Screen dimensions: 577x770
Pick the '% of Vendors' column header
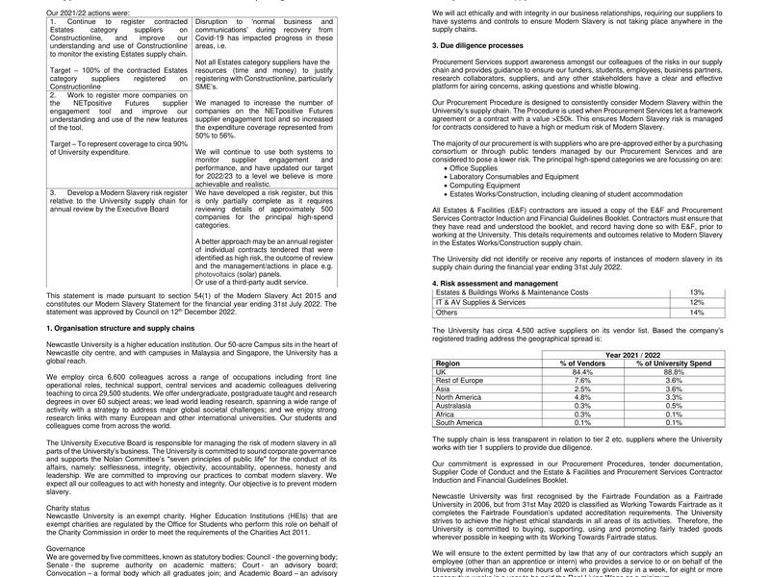581,364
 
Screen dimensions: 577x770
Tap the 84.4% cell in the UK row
581,371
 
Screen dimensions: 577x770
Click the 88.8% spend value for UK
673,371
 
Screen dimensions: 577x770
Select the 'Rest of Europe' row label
461,380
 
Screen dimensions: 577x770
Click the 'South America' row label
460,422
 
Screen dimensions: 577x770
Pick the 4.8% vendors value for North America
581,396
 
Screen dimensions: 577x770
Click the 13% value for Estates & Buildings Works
697,292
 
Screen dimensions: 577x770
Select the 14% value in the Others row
697,312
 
